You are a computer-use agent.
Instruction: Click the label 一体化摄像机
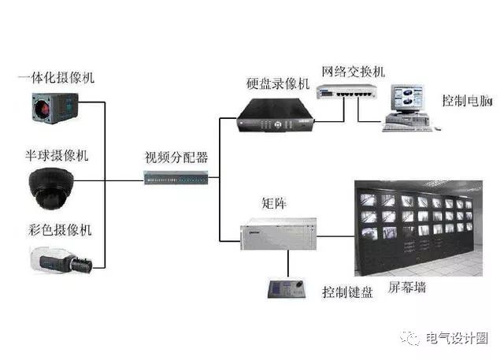coord(56,77)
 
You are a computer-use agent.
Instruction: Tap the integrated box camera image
coord(55,108)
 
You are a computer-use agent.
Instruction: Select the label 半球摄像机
coord(57,155)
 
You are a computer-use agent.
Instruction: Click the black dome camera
coord(51,189)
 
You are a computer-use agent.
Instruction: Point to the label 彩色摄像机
coord(60,230)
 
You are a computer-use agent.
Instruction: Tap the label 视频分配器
coord(176,158)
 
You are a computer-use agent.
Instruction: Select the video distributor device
coord(176,178)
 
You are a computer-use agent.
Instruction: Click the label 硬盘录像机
coord(278,84)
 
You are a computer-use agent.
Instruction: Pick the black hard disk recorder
coord(275,115)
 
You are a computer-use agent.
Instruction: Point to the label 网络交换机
coord(354,72)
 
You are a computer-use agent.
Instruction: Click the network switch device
coord(346,91)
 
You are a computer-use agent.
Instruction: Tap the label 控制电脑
coord(467,100)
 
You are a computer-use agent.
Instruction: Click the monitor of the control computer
coord(407,98)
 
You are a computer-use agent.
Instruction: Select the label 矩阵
coord(274,203)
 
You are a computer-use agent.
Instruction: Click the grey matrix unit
coord(278,234)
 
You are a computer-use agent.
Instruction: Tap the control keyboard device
coord(287,288)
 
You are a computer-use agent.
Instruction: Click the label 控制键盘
coord(347,292)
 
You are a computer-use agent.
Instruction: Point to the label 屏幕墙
coord(407,287)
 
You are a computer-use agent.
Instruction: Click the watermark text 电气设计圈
coord(457,338)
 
